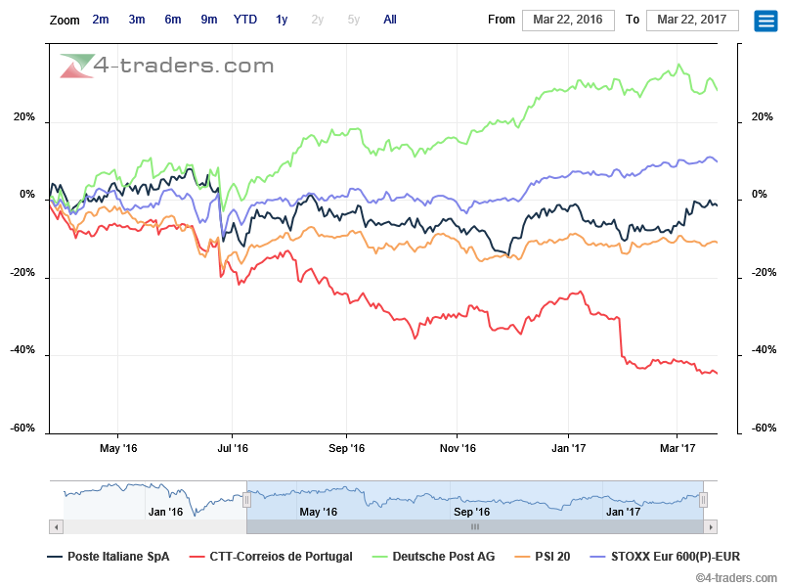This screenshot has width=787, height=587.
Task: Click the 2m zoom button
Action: tap(101, 20)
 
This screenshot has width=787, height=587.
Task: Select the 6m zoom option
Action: tap(173, 20)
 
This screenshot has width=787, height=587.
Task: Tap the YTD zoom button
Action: tap(245, 20)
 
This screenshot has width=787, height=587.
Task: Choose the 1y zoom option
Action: tap(282, 20)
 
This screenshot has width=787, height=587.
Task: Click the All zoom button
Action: tap(390, 20)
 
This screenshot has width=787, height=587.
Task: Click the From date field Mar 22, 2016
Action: tap(568, 20)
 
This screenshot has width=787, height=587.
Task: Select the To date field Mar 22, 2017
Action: tap(693, 20)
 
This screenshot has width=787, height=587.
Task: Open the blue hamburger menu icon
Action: tap(765, 21)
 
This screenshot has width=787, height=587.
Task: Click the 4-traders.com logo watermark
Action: tap(166, 66)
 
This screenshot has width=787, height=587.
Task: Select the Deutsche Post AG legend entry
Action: tap(443, 557)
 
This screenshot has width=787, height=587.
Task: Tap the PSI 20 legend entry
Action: tap(552, 557)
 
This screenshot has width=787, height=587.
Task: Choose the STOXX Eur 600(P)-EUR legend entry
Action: tap(668, 557)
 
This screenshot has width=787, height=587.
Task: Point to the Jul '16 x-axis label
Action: tap(232, 448)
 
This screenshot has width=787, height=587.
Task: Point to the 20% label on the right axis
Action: tap(763, 117)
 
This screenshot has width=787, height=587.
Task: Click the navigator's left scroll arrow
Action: tap(57, 526)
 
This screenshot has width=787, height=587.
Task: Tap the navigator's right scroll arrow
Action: tap(711, 526)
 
